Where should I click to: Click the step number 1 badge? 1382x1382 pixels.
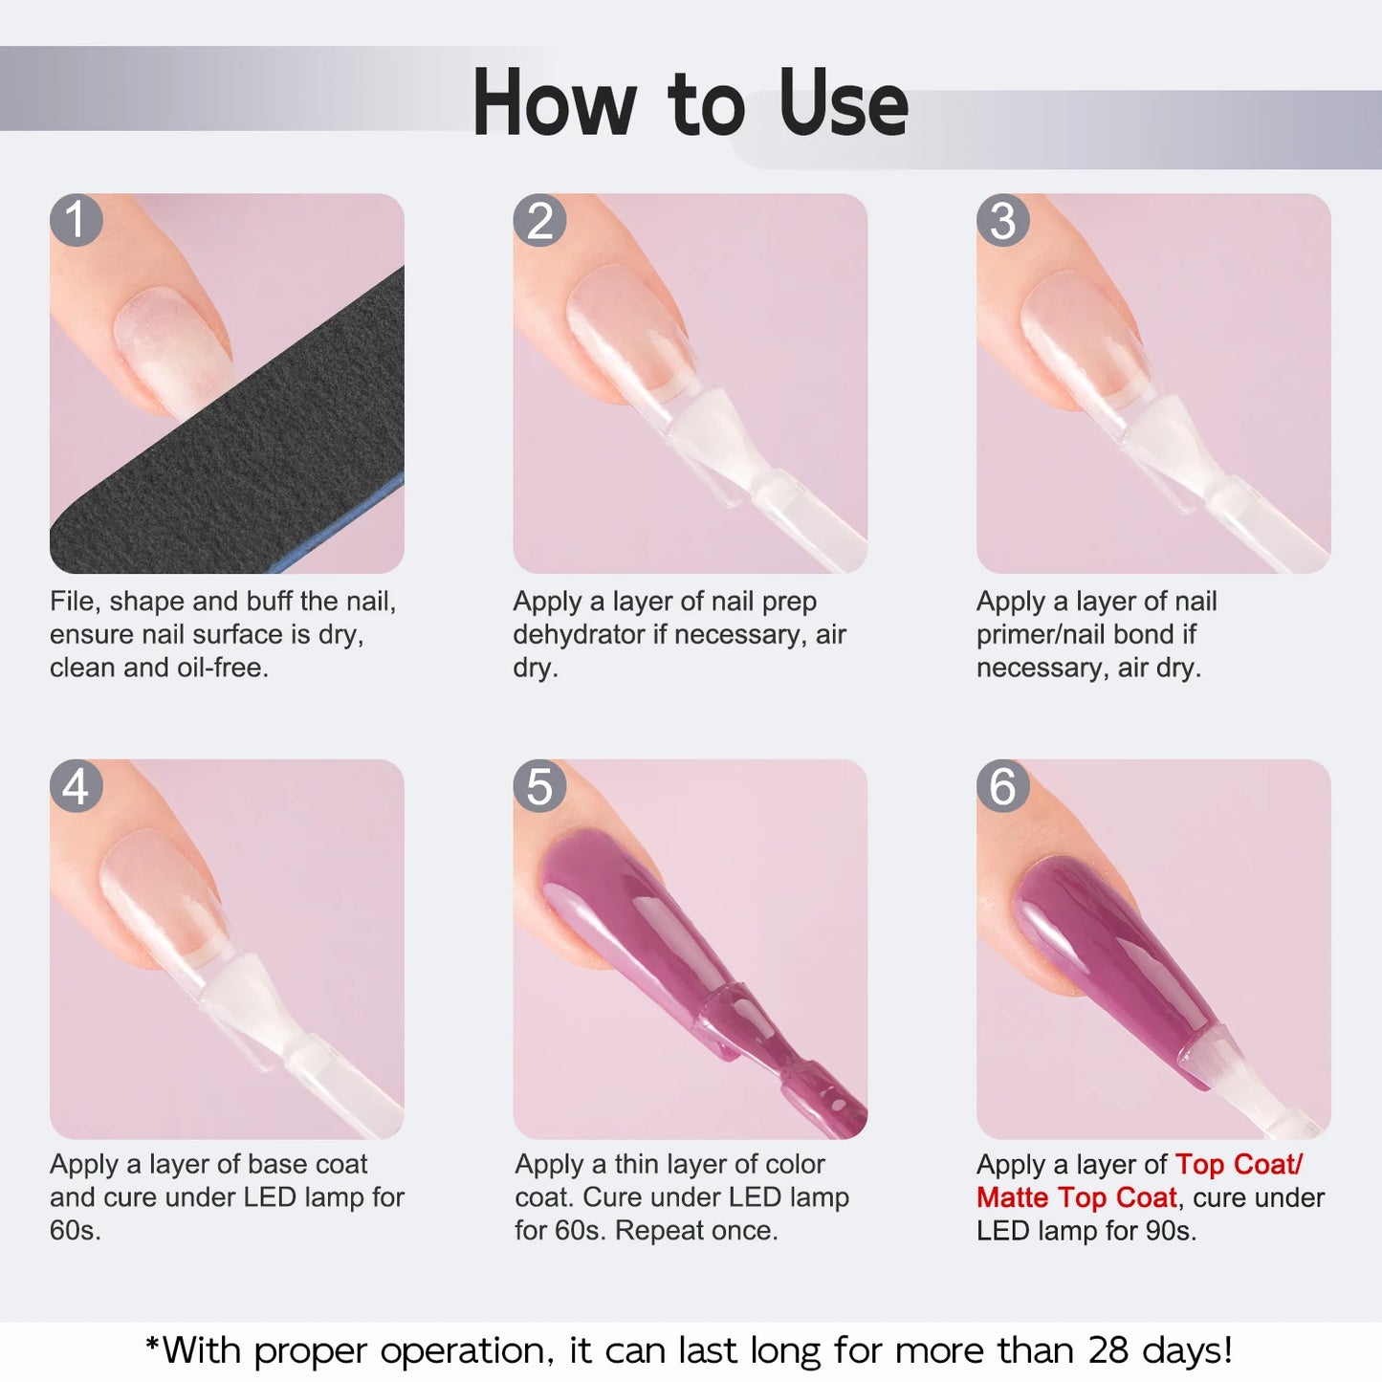77,221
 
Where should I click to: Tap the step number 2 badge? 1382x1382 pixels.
539,221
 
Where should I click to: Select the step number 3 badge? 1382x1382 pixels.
1002,221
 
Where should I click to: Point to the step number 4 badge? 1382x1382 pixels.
77,786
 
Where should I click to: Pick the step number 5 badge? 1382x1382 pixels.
539,786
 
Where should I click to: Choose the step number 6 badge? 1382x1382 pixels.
1002,786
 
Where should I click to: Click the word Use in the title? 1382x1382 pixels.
843,103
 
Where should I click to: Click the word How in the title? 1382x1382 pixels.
555,103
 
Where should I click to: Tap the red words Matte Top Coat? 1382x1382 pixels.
1076,1197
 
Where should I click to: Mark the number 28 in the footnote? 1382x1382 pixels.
1108,1350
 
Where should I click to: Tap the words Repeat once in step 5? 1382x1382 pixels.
696,1230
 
